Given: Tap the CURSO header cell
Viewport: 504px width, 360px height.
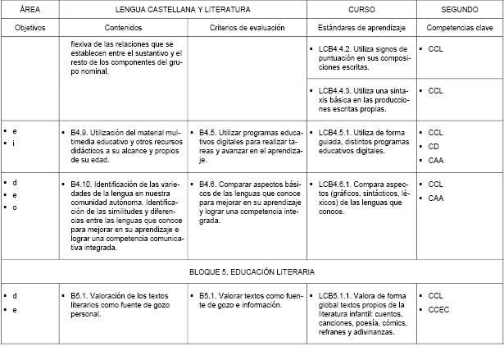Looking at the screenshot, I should [x=361, y=9].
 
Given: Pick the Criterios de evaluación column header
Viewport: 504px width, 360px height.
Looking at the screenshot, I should [x=246, y=27].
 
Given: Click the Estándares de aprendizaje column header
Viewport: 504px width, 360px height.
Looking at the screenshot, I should [x=361, y=27].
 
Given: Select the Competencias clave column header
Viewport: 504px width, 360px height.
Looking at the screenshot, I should [x=458, y=27].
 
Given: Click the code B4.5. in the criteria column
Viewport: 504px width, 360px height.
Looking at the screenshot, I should [x=209, y=131].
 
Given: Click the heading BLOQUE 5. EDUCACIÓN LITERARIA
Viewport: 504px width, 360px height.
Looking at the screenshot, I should [x=252, y=270].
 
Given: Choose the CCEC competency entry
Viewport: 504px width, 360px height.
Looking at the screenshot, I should [x=439, y=309].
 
